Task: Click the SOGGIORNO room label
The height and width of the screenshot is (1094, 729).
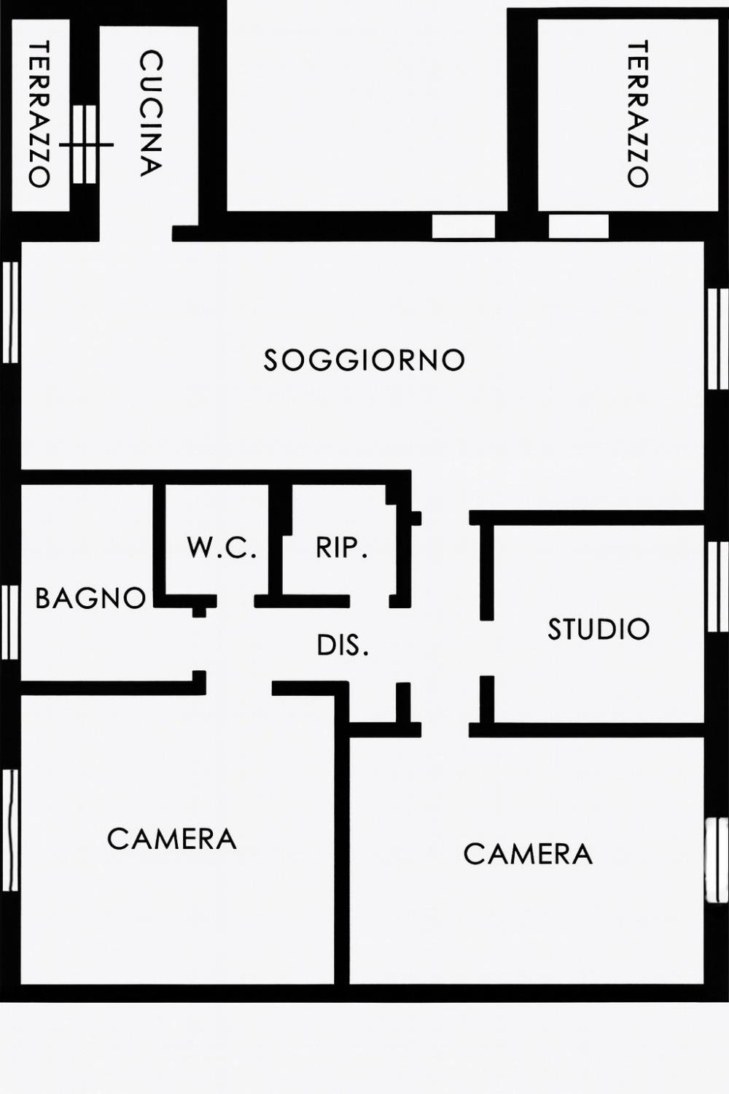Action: click(364, 360)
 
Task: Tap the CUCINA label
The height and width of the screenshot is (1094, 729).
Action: click(150, 113)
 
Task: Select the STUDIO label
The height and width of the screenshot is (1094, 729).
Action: click(599, 629)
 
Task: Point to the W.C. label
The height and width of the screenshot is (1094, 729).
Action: click(222, 548)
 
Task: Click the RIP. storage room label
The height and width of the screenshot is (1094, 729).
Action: click(341, 548)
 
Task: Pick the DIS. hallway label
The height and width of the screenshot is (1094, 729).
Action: click(343, 645)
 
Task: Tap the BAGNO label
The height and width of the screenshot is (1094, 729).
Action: click(91, 597)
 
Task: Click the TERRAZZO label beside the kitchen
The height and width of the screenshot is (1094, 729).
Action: click(39, 115)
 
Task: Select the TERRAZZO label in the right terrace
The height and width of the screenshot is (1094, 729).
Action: click(638, 115)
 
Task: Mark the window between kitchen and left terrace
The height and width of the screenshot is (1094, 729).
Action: click(85, 144)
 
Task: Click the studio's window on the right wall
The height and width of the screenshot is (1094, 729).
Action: click(718, 586)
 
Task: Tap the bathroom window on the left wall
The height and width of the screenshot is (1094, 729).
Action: click(10, 622)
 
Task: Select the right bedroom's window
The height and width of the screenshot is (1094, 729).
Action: click(718, 860)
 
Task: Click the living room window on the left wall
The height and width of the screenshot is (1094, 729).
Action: click(10, 312)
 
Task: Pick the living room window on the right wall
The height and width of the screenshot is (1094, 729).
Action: click(718, 339)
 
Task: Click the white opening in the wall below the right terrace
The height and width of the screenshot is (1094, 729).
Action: click(579, 227)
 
